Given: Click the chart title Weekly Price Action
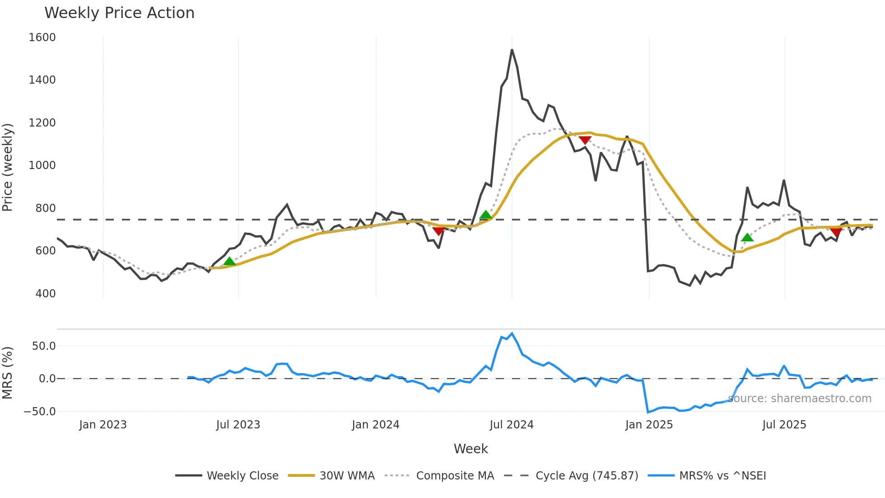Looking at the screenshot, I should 119,13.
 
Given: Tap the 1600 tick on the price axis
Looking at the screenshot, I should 42,38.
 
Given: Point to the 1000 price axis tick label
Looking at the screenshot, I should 42,165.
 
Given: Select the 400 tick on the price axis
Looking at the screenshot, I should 45,294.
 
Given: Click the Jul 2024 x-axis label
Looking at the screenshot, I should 512,425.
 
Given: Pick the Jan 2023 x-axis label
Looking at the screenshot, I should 103,425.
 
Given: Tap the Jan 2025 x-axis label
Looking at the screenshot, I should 649,425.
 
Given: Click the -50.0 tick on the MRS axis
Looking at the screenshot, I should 40,412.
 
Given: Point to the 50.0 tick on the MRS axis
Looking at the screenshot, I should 44,346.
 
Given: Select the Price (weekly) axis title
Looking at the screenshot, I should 8,167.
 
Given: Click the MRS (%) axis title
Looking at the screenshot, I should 8,373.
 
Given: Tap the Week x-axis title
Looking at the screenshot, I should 470,449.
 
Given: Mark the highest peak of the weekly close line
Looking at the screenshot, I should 512,50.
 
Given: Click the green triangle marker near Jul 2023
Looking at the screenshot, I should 229,262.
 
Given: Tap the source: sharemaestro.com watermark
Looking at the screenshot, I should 800,399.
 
